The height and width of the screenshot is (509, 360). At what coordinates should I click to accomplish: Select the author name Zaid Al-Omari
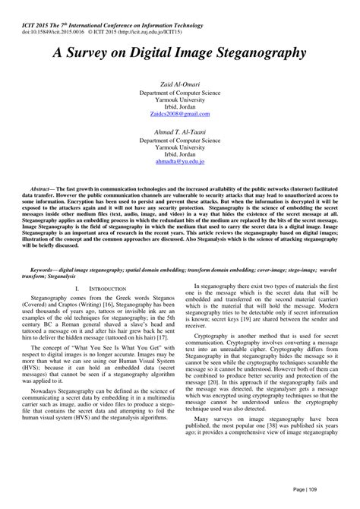180,84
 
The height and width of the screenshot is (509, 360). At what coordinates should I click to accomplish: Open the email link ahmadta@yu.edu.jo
180,162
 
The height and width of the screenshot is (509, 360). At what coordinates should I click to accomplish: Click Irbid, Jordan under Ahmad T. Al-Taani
180,154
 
